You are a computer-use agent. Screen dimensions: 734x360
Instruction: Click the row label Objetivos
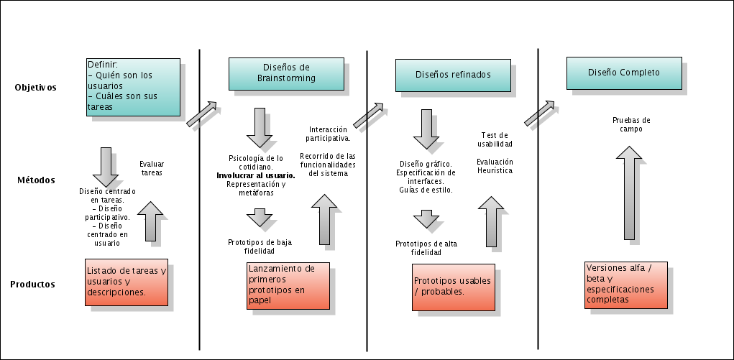(35, 88)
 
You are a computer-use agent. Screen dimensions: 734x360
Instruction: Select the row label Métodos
(36, 180)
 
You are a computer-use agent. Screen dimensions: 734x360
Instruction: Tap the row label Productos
(33, 284)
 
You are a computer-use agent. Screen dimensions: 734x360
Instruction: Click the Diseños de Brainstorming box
(287, 74)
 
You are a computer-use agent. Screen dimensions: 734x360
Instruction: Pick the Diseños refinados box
(453, 75)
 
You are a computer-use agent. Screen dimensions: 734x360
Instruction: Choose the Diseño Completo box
(624, 73)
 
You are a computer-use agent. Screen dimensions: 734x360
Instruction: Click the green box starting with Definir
(134, 87)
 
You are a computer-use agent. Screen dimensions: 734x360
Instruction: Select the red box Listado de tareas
(127, 282)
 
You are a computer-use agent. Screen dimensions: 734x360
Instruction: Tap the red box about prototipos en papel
(288, 285)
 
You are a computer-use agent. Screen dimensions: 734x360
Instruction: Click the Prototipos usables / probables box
(453, 287)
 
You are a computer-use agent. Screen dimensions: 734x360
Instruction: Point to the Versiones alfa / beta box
(626, 285)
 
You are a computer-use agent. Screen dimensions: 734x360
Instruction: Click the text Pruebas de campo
(631, 124)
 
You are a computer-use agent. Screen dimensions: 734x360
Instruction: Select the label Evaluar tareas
(152, 168)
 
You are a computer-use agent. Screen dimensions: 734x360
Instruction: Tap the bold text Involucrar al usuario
(256, 175)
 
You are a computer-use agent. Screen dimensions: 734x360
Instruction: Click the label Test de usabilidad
(495, 139)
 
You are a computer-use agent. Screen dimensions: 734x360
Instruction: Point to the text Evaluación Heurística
(495, 166)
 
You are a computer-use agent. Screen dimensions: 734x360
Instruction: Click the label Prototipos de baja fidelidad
(260, 246)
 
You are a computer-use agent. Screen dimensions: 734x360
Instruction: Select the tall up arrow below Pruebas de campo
(629, 193)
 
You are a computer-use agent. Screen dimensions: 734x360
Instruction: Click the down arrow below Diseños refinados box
(426, 129)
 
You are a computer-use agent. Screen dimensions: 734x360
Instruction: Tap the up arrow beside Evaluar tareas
(150, 221)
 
